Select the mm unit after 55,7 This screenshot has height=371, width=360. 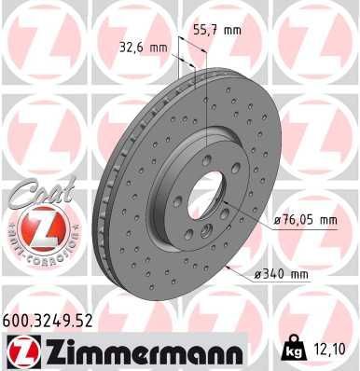pos(230,30)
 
